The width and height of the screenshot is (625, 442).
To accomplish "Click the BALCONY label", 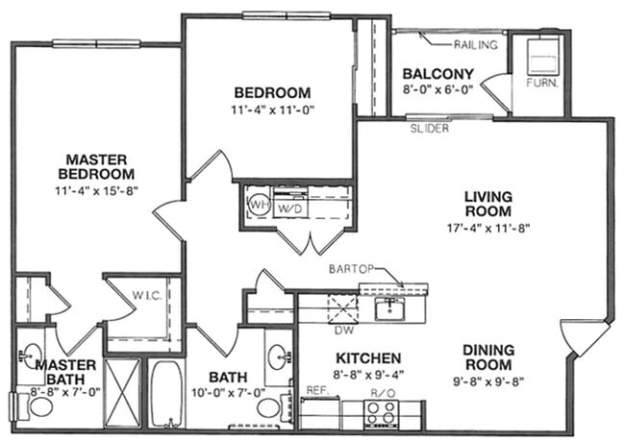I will click(437, 74).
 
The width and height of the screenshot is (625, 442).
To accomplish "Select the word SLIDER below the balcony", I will click(429, 128).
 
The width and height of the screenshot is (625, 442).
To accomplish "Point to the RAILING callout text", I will click(474, 44).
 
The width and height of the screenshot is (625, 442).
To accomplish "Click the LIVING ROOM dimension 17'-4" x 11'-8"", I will click(489, 229).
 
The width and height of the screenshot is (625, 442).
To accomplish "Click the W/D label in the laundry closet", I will click(288, 208).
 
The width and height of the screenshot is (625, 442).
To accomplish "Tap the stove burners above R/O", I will click(381, 413).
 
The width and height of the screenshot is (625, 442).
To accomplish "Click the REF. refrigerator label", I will click(316, 391).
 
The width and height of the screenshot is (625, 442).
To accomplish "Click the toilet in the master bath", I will click(39, 405).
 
